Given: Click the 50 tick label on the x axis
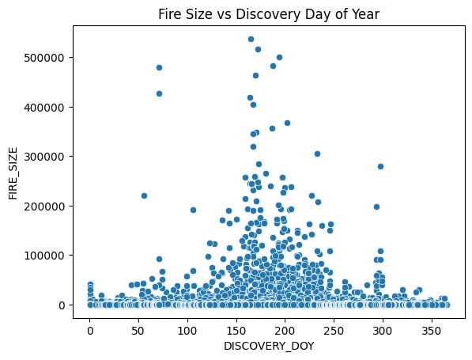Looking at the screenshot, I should (x=138, y=328).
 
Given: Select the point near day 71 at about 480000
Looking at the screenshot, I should (x=159, y=67).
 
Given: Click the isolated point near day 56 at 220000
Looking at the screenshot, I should (x=144, y=195).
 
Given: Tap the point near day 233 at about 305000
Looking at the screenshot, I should (x=317, y=153).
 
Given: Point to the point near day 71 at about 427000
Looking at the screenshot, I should (x=159, y=93).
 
